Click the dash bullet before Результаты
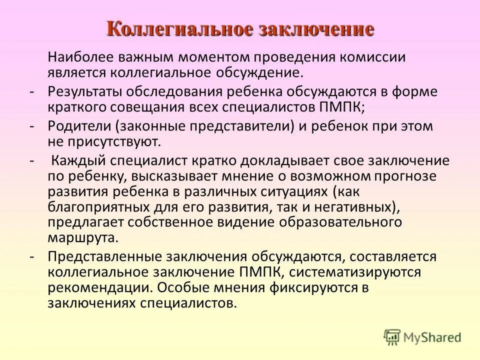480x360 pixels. pos(32,92)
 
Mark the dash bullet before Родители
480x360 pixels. pos(32,126)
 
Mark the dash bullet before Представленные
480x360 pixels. pos(32,256)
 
